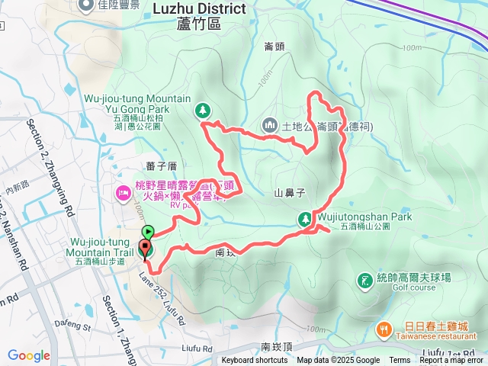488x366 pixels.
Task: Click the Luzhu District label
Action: pyautogui.click(x=200, y=9)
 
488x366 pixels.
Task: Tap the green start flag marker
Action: pyautogui.click(x=148, y=232)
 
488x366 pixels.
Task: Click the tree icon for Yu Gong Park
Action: pyautogui.click(x=203, y=111)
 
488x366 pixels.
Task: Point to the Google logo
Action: pyautogui.click(x=29, y=355)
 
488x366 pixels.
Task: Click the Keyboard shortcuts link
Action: pyautogui.click(x=255, y=361)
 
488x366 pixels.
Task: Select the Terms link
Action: pyautogui.click(x=400, y=361)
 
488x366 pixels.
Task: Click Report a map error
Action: pyautogui.click(x=451, y=361)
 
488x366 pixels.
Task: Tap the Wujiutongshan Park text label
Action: pyautogui.click(x=365, y=217)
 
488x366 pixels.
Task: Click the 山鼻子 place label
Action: pyautogui.click(x=289, y=194)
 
